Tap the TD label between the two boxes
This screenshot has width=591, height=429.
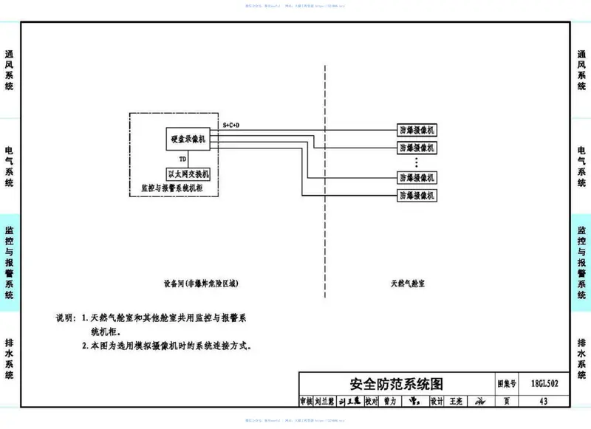182,159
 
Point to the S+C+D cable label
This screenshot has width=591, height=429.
231,126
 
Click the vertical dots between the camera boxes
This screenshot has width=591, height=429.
417,162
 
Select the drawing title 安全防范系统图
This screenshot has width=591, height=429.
396,384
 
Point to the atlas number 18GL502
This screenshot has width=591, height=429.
544,384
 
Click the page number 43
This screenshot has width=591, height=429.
544,402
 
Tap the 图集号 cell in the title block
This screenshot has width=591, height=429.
506,384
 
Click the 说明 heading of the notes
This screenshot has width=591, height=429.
65,318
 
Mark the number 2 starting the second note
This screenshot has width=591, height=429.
84,345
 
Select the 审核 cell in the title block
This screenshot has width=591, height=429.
307,402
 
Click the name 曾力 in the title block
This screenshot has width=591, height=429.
389,402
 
